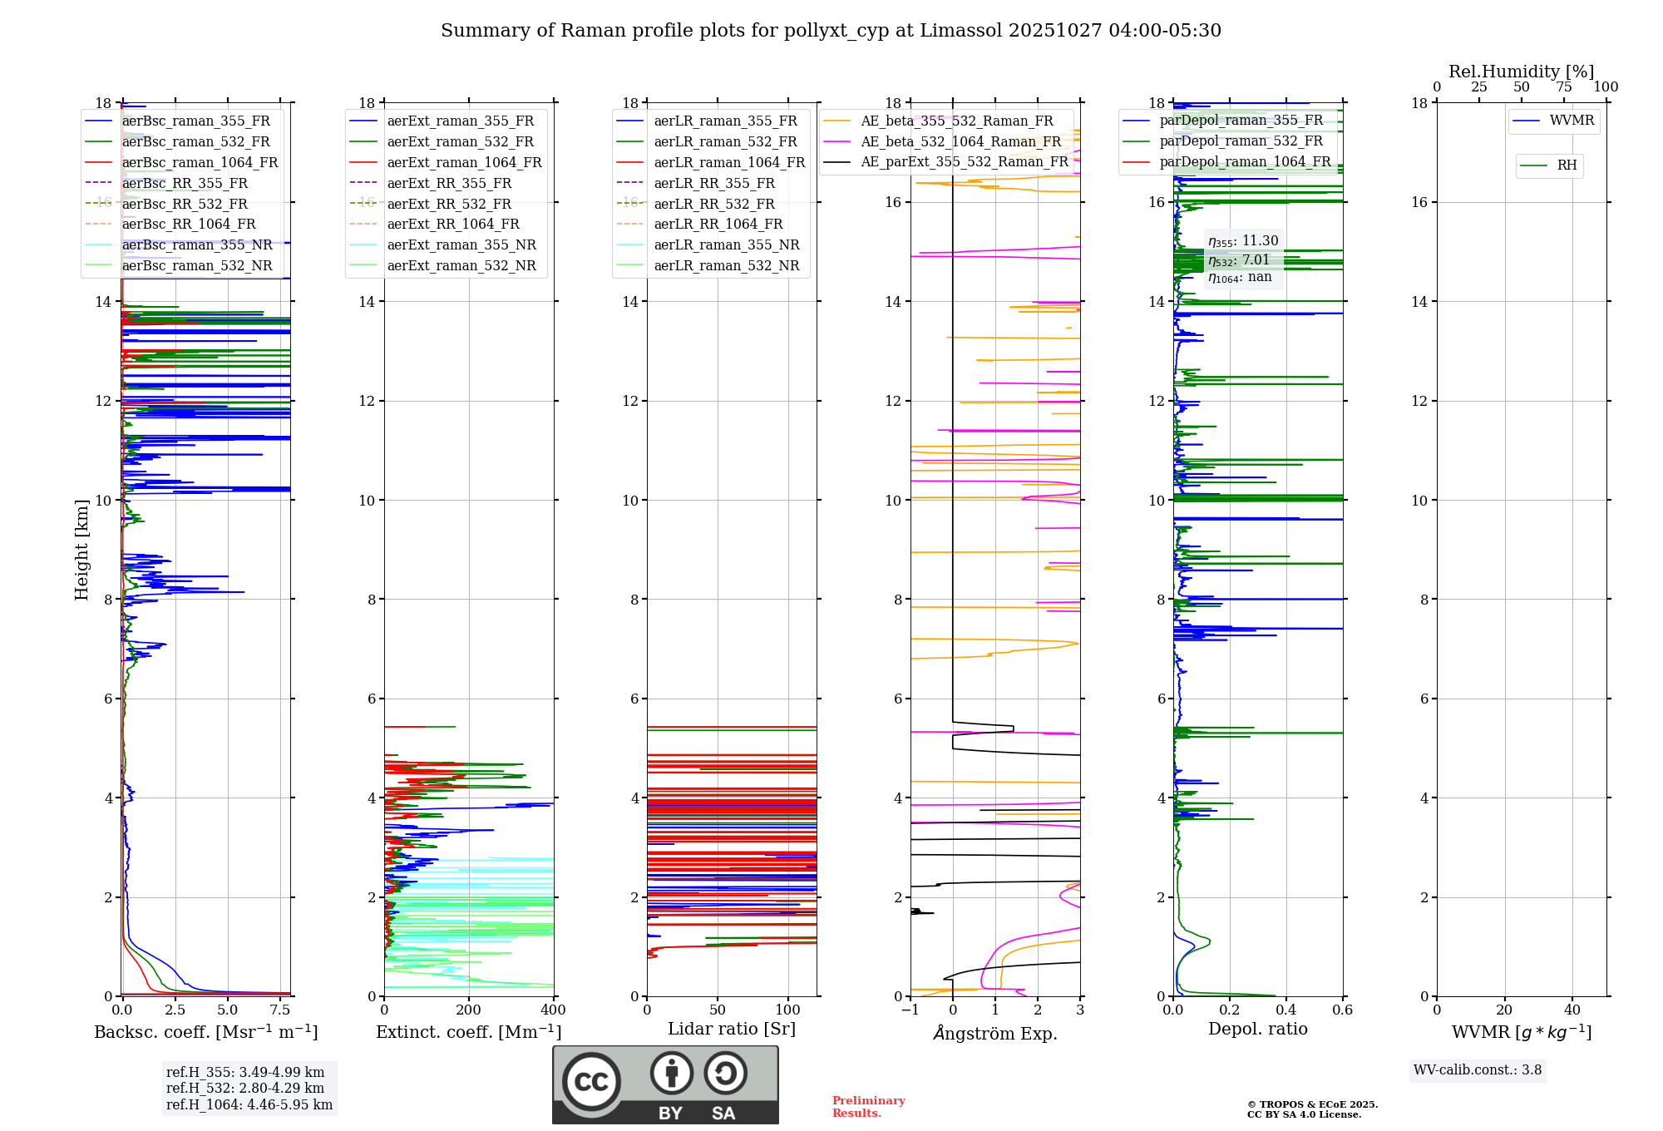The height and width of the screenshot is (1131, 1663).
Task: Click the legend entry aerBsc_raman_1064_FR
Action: point(200,163)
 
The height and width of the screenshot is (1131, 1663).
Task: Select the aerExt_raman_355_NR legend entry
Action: point(461,245)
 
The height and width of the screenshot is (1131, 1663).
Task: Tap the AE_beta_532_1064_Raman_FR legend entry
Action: point(960,142)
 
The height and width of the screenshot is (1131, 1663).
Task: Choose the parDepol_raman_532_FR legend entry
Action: point(1241,141)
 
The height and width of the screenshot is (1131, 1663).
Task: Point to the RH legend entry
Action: point(1567,165)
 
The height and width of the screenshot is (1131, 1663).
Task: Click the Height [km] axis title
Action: point(81,550)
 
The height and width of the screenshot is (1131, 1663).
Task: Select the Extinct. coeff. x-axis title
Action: point(469,1032)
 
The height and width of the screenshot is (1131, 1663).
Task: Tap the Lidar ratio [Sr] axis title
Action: point(732,1030)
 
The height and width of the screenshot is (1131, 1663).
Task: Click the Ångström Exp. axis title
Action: point(995,1034)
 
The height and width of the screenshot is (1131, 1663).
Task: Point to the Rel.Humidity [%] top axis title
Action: point(1521,72)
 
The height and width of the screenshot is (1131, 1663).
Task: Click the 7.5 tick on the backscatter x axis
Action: point(280,1010)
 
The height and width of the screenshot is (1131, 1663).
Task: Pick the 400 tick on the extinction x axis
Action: point(553,1010)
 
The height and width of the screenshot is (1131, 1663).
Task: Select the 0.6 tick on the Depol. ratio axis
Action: point(1342,1010)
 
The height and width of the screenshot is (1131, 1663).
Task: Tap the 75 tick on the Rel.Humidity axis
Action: point(1563,87)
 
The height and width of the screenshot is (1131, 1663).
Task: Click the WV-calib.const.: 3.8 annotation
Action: point(1478,1070)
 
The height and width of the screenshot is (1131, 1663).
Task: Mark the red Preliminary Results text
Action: point(868,1107)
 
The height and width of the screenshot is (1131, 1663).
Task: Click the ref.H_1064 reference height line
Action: point(249,1105)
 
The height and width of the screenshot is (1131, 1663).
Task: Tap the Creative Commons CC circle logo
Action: point(591,1082)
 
